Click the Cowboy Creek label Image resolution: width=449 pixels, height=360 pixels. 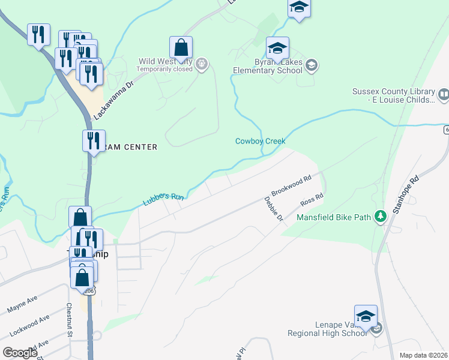(x=260, y=141)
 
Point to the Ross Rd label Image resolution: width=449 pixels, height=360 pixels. (x=312, y=199)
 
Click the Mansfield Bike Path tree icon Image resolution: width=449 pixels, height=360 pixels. (x=380, y=215)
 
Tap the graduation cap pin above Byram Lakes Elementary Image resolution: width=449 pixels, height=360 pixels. (x=277, y=48)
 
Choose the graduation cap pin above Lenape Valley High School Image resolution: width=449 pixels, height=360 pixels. (x=366, y=316)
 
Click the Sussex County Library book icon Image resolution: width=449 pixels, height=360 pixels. (x=444, y=94)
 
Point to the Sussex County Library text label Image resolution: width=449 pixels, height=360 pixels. (x=394, y=96)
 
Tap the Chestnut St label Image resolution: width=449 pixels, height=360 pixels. (x=69, y=319)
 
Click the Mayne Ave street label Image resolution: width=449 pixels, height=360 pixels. (x=23, y=304)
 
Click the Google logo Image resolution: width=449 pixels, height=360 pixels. (x=20, y=353)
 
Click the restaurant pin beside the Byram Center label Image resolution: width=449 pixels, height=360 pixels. (x=94, y=141)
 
